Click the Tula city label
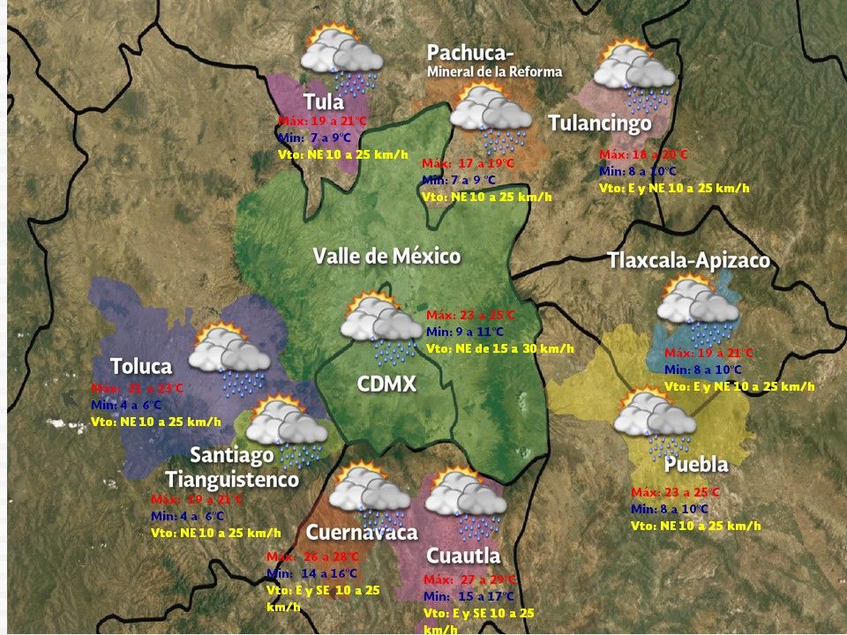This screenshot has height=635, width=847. [323, 101]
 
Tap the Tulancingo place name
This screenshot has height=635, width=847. [600, 123]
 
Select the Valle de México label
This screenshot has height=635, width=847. [386, 257]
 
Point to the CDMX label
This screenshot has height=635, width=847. [386, 385]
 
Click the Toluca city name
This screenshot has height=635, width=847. [141, 366]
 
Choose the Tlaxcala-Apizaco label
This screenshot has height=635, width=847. [688, 261]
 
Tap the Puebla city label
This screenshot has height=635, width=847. [696, 465]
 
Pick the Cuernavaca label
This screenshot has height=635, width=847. [362, 533]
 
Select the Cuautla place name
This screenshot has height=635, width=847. [463, 556]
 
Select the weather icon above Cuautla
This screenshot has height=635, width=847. [464, 503]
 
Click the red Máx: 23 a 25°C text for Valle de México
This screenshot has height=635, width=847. [470, 315]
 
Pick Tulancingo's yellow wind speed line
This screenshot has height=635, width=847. [674, 188]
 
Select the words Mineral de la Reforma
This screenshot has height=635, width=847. [493, 71]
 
